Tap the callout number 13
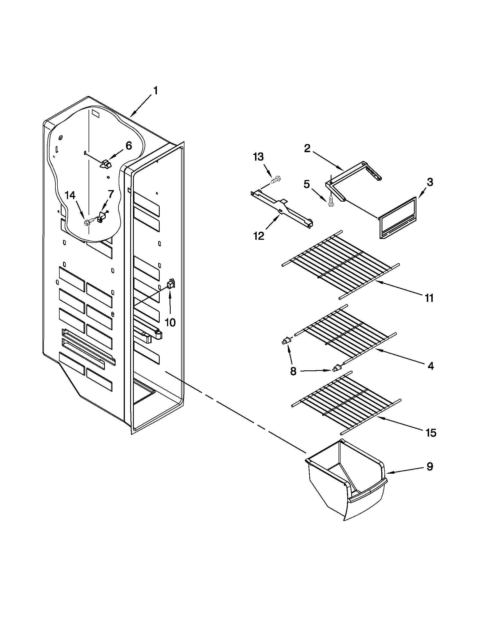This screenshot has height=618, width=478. (258, 156)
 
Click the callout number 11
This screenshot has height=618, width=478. (429, 298)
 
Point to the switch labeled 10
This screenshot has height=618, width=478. (171, 284)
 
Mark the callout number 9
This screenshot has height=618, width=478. (430, 466)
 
